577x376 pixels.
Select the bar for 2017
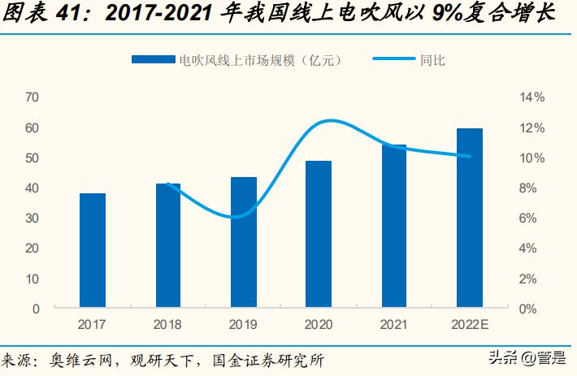click(x=93, y=251)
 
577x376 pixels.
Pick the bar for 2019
click(x=244, y=243)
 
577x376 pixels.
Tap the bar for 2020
click(x=319, y=235)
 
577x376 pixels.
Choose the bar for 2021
click(x=394, y=227)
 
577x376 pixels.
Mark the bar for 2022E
click(x=469, y=218)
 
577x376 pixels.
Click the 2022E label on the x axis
click(x=469, y=324)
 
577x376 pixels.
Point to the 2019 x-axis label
click(x=244, y=324)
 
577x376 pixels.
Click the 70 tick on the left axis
click(x=33, y=97)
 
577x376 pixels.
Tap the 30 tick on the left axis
click(x=33, y=218)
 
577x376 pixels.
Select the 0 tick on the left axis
click(x=36, y=309)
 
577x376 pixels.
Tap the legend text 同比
click(x=432, y=59)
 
